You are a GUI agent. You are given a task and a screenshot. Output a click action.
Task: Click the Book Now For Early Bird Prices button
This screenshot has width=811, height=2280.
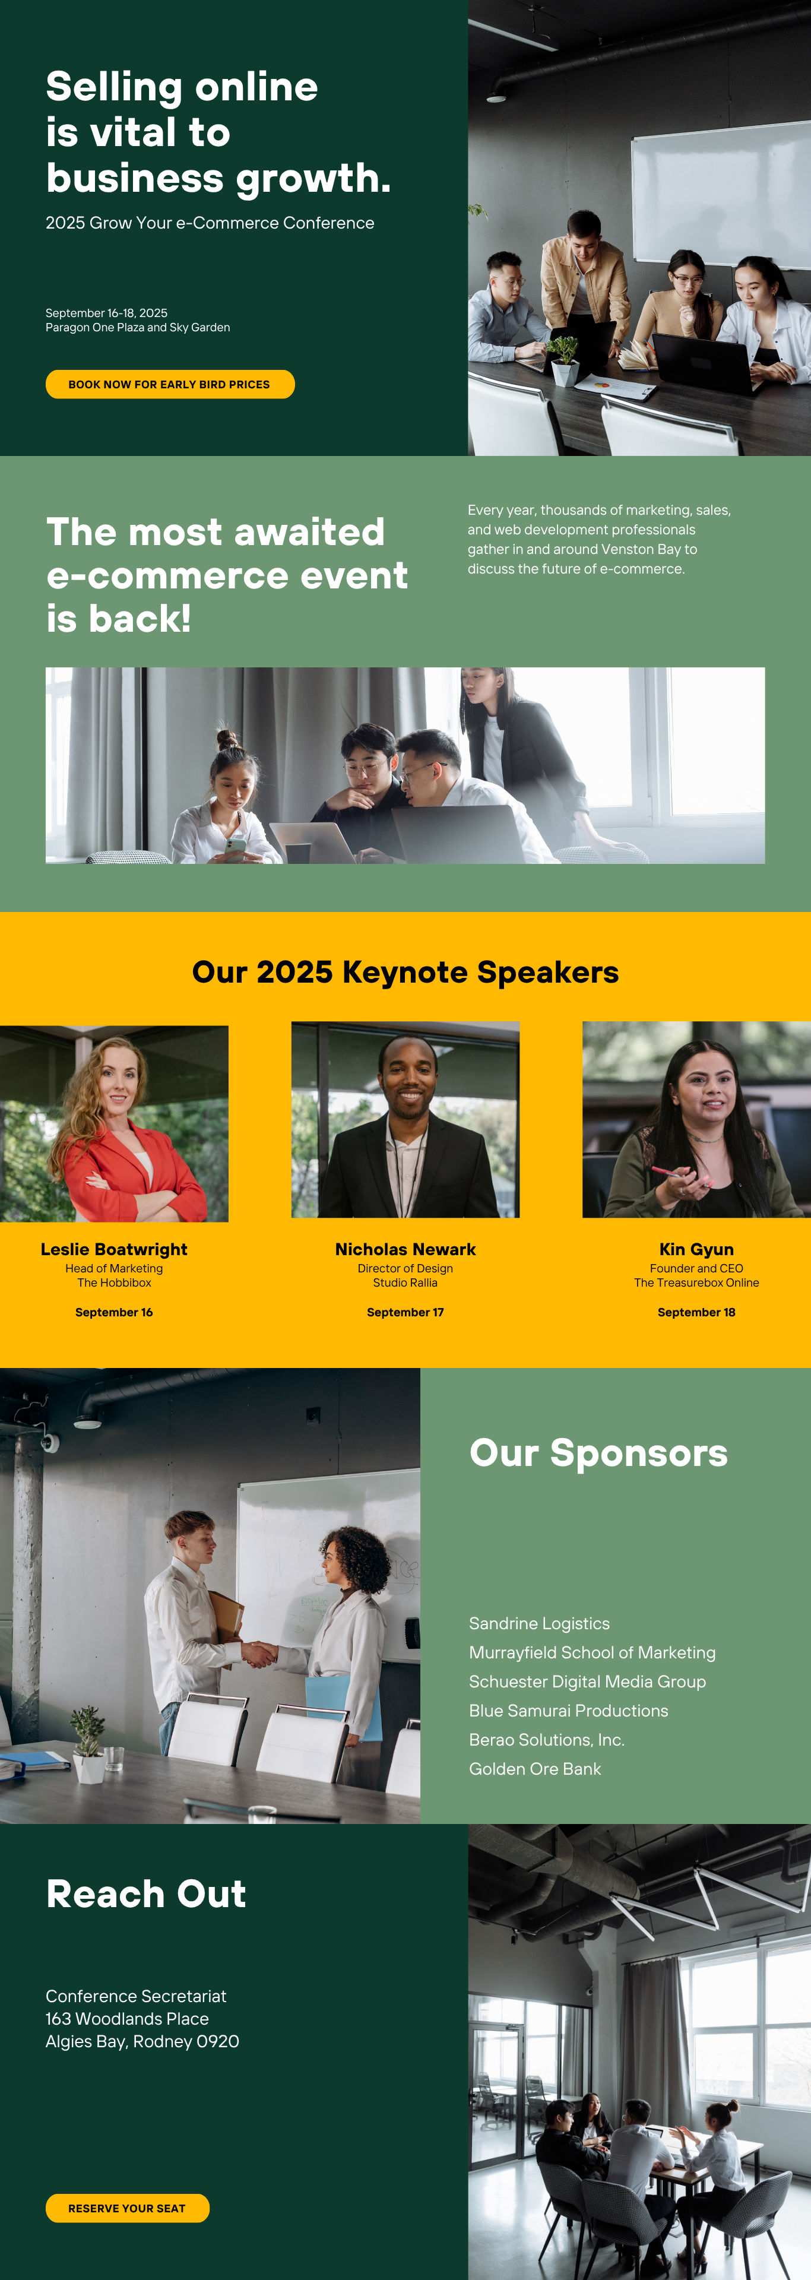pyautogui.click(x=169, y=384)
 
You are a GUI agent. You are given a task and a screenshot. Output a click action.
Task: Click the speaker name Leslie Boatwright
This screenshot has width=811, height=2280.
pyautogui.click(x=114, y=1249)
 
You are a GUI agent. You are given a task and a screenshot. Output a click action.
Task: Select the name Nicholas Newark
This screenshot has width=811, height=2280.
pyautogui.click(x=405, y=1249)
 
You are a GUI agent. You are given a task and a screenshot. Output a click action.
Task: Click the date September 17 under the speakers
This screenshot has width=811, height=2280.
pyautogui.click(x=405, y=1312)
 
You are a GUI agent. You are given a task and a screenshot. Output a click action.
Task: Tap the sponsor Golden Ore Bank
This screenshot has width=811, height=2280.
pyautogui.click(x=535, y=1768)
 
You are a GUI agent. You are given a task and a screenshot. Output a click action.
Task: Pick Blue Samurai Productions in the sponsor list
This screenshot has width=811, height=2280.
pyautogui.click(x=568, y=1710)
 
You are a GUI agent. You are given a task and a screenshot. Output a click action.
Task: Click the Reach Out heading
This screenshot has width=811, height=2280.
pyautogui.click(x=146, y=1893)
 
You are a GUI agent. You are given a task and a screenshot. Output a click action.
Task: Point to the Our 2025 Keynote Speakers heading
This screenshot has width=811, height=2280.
pyautogui.click(x=405, y=972)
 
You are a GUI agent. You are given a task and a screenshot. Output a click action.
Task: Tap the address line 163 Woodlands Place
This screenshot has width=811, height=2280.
pyautogui.click(x=128, y=2018)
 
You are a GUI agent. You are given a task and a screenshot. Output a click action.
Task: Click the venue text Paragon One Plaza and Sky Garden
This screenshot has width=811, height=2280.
pyautogui.click(x=138, y=328)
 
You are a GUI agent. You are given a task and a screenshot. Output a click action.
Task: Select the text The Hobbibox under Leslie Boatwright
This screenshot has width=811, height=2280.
pyautogui.click(x=114, y=1282)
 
